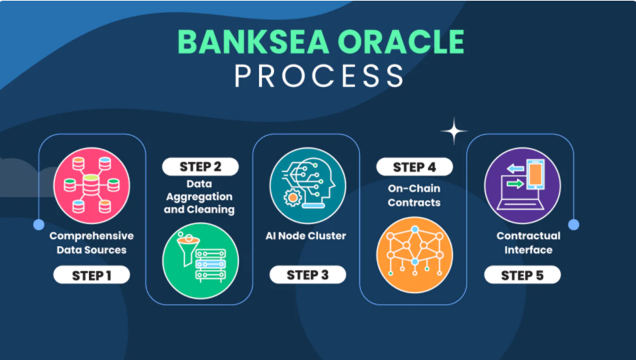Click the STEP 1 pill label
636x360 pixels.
click(92, 275)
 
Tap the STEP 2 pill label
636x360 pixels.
click(201, 166)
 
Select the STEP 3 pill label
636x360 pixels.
click(308, 275)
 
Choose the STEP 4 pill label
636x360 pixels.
click(415, 166)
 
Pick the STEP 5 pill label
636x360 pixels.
click(522, 275)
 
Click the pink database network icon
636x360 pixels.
click(92, 186)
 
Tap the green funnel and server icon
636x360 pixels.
click(201, 260)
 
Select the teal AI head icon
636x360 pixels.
click(308, 186)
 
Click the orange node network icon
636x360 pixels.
click(415, 255)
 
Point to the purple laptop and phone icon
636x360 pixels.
click(522, 186)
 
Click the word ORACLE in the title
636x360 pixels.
click(401, 41)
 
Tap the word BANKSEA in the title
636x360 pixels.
click(253, 41)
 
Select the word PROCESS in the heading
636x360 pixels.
click(319, 75)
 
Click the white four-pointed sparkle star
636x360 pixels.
click(455, 131)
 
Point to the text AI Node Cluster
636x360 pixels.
click(306, 235)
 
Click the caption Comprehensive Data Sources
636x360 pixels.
click(92, 243)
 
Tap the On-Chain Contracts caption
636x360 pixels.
click(414, 195)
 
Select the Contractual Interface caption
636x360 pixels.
click(529, 243)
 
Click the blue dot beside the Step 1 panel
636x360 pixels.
click(38, 224)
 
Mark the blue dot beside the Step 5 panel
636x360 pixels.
click(573, 224)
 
